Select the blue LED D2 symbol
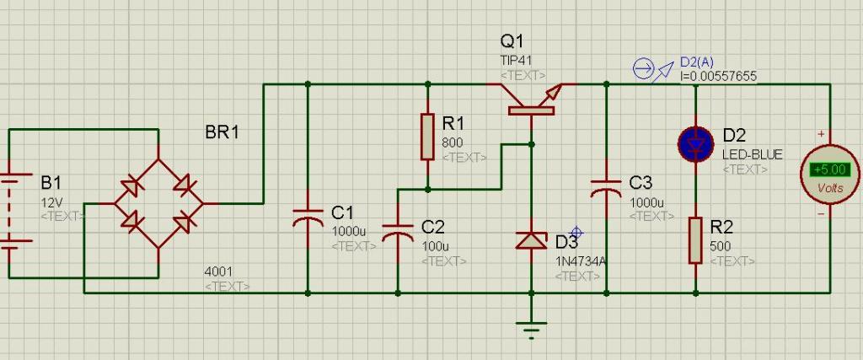click(695, 144)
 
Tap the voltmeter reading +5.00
click(830, 169)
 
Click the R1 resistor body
click(427, 137)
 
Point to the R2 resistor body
click(695, 240)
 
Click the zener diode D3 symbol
click(531, 240)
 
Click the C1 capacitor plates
click(307, 218)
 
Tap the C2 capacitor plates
click(398, 232)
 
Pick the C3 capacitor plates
click(607, 187)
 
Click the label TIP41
click(516, 61)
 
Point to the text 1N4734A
click(581, 261)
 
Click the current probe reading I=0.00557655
click(718, 76)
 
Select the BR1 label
click(222, 132)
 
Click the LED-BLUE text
click(752, 155)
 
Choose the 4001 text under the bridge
click(218, 271)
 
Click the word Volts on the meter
click(830, 188)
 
